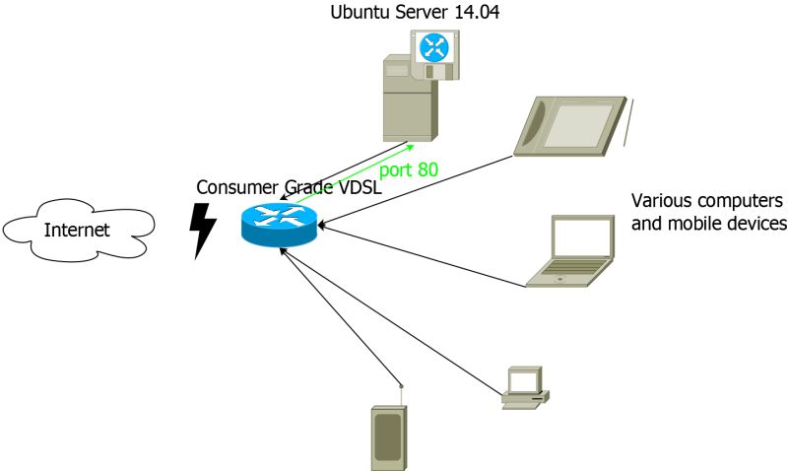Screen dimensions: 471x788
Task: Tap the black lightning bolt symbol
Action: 203,231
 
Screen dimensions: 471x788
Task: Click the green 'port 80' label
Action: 409,169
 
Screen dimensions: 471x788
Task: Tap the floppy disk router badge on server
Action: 435,54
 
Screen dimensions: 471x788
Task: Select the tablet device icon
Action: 569,125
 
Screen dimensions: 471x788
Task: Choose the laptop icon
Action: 570,251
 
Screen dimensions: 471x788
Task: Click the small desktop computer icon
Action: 524,387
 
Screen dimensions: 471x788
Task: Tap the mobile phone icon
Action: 387,437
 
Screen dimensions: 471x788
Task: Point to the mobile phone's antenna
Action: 401,392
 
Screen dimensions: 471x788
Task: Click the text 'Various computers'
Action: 706,200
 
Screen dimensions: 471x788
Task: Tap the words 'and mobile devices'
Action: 708,224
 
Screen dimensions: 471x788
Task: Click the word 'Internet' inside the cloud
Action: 76,232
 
